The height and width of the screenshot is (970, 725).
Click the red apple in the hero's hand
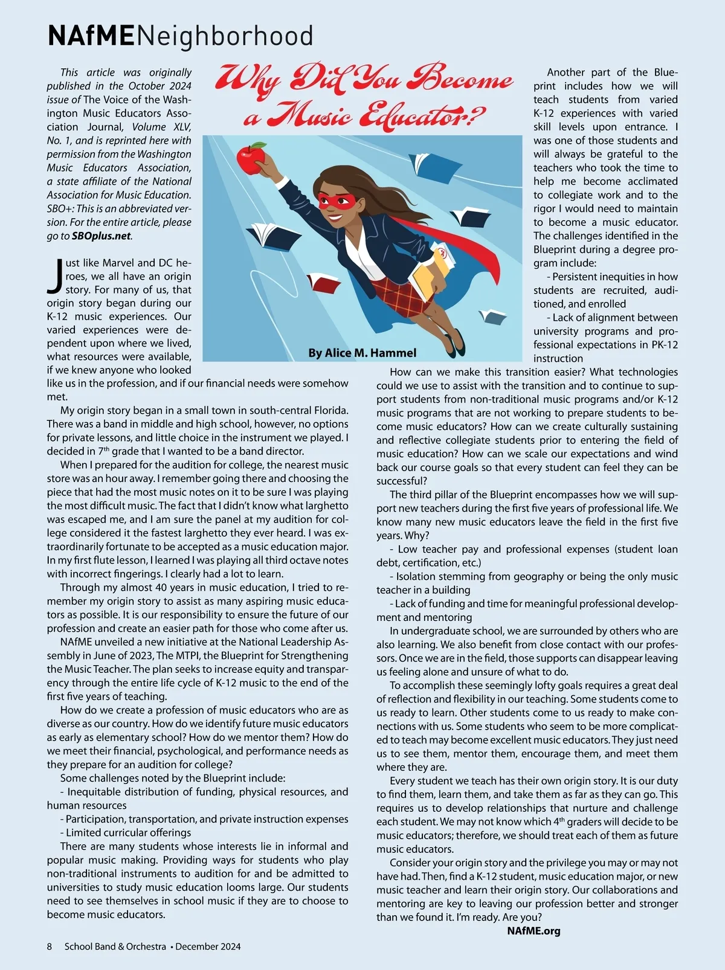(251, 159)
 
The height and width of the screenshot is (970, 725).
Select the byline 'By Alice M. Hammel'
(362, 353)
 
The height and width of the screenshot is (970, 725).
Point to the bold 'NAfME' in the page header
(91, 36)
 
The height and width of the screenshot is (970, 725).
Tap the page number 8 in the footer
(50, 946)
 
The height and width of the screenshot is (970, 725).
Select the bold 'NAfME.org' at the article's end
(533, 931)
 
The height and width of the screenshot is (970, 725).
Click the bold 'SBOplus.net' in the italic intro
(101, 236)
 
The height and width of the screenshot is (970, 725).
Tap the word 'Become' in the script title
(459, 79)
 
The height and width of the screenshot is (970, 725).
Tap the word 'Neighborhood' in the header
(225, 36)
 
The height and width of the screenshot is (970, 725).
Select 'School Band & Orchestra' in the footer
(115, 946)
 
